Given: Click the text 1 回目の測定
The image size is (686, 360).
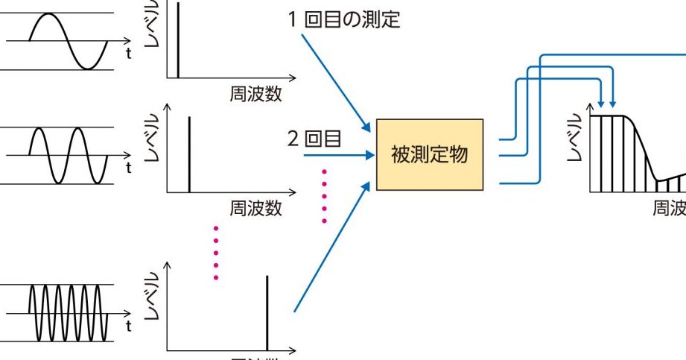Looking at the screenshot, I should pos(344,19).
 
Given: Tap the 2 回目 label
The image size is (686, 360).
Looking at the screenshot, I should pos(314,138).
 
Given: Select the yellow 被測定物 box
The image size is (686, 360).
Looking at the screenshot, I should pos(429,155).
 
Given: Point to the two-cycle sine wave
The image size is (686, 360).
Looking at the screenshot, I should pos(66,155).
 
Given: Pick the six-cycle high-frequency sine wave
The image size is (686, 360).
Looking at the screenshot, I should pos(68,311).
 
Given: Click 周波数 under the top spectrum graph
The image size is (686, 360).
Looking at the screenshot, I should pos(255,94).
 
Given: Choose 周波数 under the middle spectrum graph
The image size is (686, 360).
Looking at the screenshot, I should pos(255,209).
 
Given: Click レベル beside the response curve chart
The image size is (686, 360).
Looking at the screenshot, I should pos(574,139).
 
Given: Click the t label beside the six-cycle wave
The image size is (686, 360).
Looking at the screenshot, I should pos(129,326).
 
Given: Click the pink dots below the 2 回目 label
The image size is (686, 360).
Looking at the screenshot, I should pos(325,196).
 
